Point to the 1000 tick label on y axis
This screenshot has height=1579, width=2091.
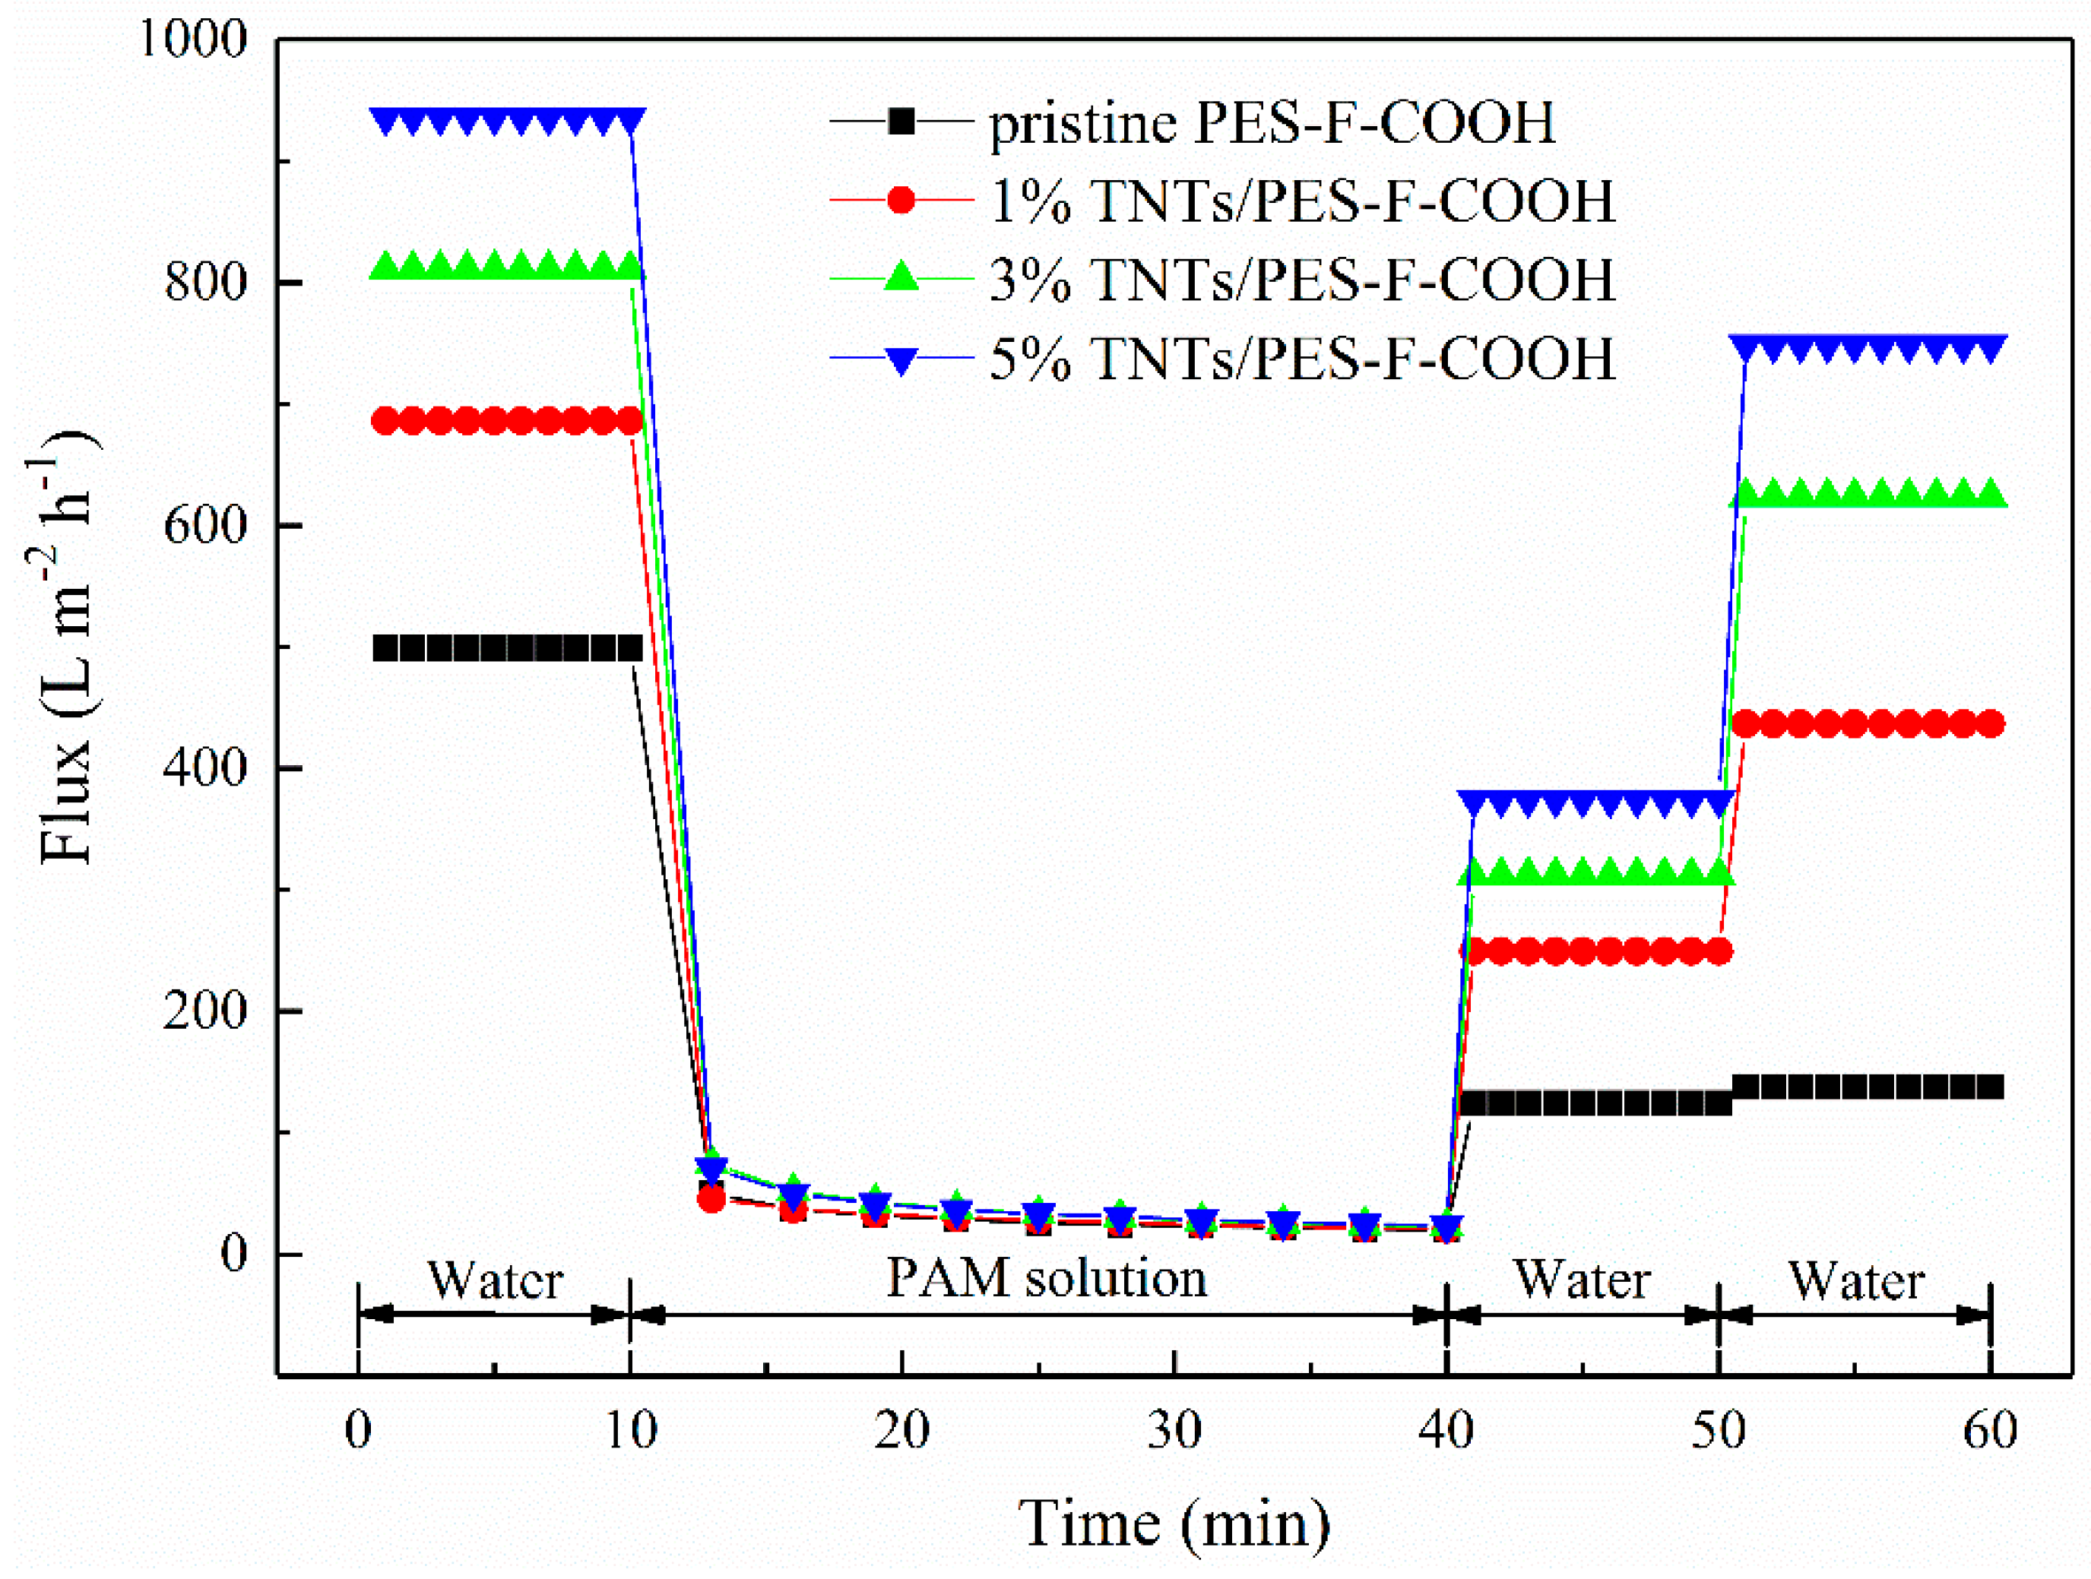pyautogui.click(x=193, y=40)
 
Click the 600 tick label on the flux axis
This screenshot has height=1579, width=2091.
pyautogui.click(x=205, y=525)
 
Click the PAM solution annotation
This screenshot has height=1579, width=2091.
pyautogui.click(x=1047, y=1279)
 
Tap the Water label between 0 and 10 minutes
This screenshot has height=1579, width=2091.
pyautogui.click(x=496, y=1280)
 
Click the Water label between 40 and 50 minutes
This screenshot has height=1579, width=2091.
pyautogui.click(x=1583, y=1280)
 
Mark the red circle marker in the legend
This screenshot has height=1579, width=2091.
pyautogui.click(x=901, y=201)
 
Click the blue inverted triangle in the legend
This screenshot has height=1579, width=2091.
pyautogui.click(x=901, y=360)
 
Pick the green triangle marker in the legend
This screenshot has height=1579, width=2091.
pyautogui.click(x=901, y=278)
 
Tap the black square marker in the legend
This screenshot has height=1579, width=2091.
pyautogui.click(x=901, y=121)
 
